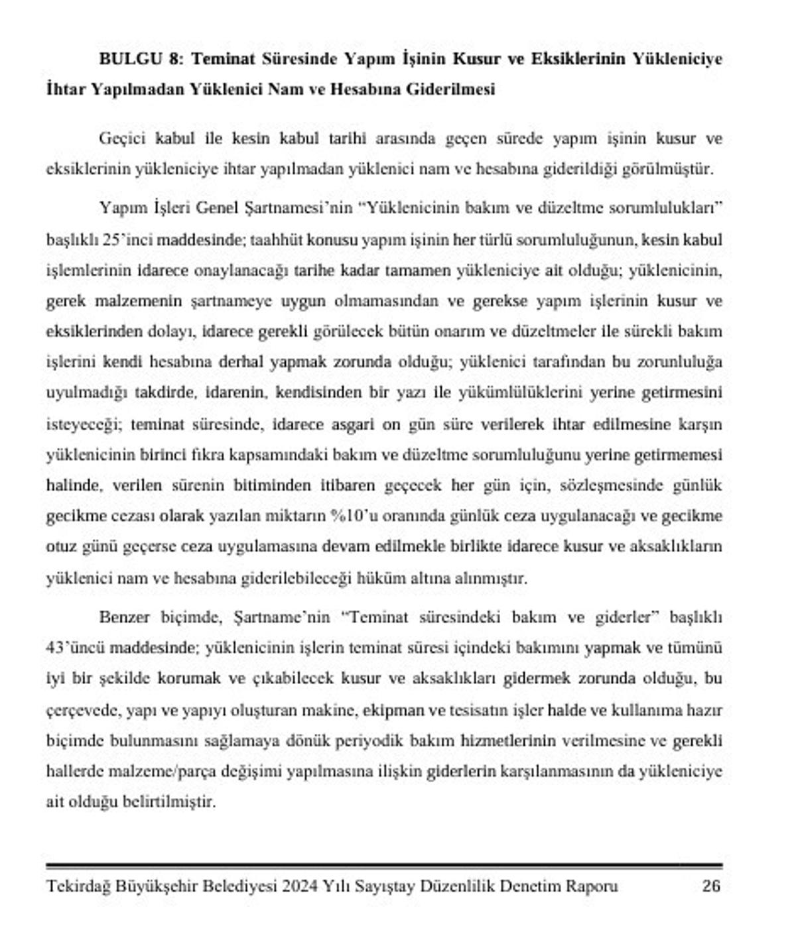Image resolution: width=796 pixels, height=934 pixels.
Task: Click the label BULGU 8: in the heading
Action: pos(141,59)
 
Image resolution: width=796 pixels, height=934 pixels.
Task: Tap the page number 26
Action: pos(711,886)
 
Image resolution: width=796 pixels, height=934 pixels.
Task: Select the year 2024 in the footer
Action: pos(300,886)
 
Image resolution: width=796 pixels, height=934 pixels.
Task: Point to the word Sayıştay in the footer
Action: pos(389,886)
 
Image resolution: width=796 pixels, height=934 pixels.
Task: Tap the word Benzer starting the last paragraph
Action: pos(125,617)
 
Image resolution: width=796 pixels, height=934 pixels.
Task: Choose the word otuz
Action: pos(60,546)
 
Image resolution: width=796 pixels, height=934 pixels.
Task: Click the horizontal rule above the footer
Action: pos(384,866)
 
